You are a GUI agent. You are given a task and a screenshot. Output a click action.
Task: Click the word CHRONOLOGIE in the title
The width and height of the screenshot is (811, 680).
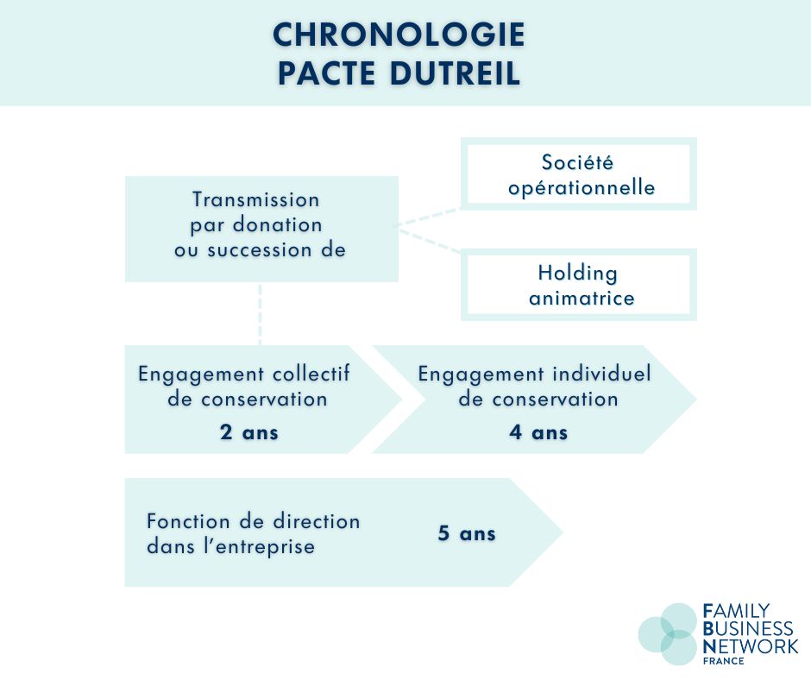[399, 35]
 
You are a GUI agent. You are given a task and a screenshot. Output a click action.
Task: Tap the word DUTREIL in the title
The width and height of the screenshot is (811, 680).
[455, 73]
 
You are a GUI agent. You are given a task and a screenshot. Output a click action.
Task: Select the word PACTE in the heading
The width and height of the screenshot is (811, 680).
[326, 73]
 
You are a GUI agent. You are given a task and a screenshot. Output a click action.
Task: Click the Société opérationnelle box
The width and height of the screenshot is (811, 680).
[579, 173]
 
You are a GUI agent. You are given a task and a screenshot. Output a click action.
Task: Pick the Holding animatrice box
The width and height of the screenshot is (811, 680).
[579, 285]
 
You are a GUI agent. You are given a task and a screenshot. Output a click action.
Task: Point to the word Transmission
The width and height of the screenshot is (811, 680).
[256, 199]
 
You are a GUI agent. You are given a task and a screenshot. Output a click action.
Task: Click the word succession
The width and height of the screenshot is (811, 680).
[259, 250]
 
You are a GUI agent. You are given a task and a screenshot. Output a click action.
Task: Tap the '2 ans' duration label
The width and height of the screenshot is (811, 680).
[248, 432]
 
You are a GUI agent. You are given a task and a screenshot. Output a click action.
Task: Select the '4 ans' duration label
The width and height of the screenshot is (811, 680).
[538, 432]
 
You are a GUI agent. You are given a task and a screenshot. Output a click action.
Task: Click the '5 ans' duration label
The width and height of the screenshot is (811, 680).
[467, 533]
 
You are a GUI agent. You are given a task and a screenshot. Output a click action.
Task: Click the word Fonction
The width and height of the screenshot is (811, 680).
[188, 521]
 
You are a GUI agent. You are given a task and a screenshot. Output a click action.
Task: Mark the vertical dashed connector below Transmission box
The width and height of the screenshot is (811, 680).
[260, 313]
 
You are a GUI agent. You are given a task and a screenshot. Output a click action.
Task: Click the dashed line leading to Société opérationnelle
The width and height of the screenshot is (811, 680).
[427, 217]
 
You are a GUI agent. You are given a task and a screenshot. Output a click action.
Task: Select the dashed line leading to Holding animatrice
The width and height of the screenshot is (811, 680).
[428, 241]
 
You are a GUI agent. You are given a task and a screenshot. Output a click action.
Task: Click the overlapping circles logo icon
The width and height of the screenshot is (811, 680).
[667, 634]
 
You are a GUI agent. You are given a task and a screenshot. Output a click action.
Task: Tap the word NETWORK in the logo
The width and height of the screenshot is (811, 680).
[751, 646]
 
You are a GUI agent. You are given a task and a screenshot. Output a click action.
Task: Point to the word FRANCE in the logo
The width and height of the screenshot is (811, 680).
[724, 661]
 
